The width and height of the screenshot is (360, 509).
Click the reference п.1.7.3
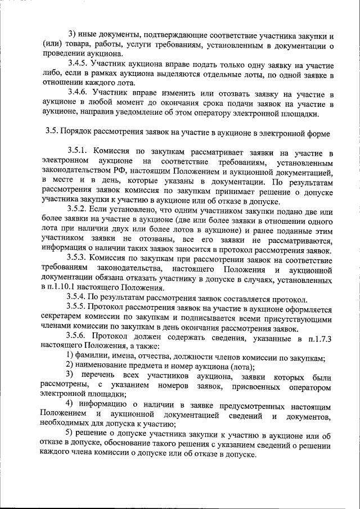point(318,338)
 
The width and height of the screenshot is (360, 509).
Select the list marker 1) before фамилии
point(70,358)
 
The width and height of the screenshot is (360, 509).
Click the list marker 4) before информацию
point(70,405)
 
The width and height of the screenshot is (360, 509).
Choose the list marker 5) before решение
point(70,434)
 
